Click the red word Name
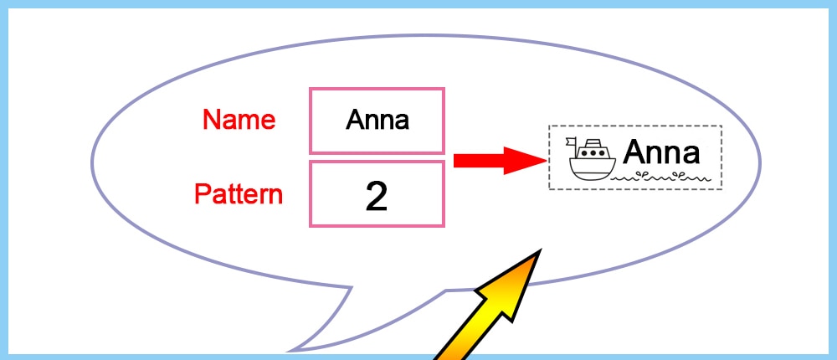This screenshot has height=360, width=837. [x=239, y=120]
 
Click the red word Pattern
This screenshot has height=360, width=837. [x=239, y=194]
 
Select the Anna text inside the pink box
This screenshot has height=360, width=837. [x=377, y=120]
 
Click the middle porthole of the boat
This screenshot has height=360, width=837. [x=593, y=153]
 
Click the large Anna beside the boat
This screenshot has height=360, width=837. [x=661, y=153]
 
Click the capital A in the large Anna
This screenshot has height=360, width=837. [x=634, y=153]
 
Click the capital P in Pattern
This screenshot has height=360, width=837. [x=202, y=194]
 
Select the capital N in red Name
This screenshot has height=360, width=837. [x=211, y=120]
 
